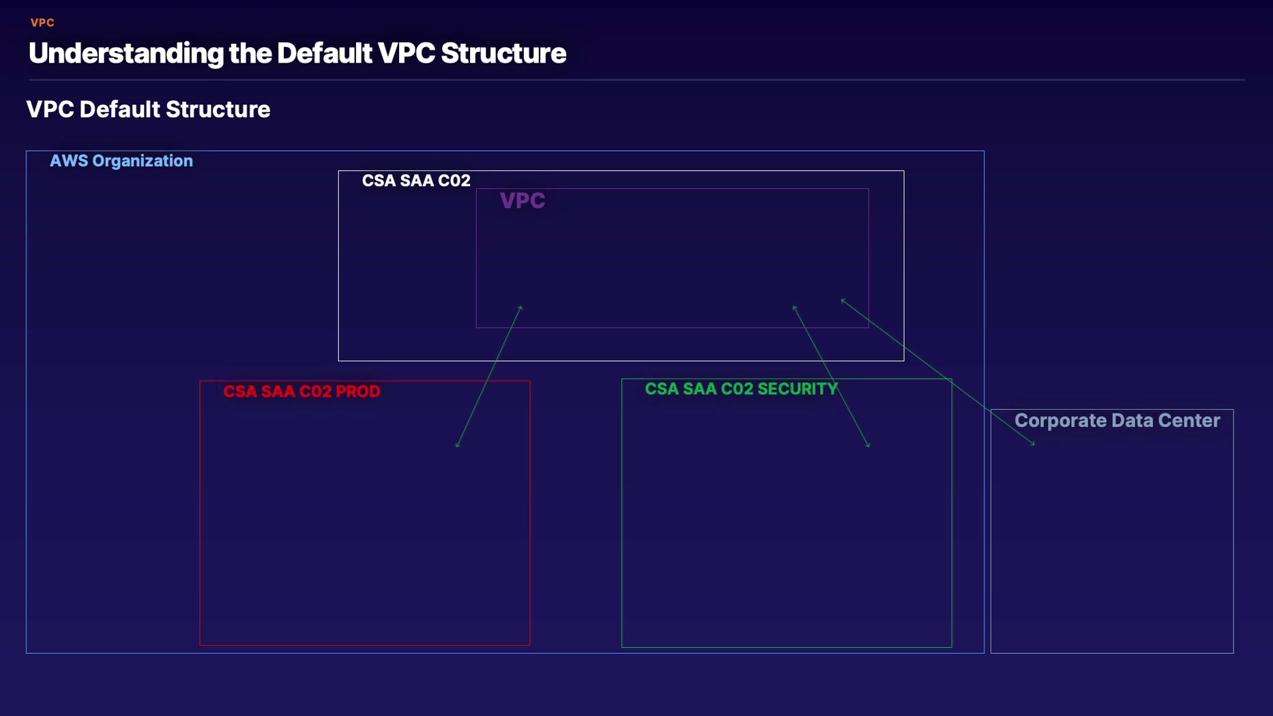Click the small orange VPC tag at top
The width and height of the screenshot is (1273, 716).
(x=42, y=23)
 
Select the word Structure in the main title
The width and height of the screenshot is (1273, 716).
(x=503, y=53)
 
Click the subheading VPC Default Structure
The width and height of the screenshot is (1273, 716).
(x=148, y=109)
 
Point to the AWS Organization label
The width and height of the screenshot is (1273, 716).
(x=121, y=161)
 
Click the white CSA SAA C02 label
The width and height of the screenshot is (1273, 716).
(x=416, y=181)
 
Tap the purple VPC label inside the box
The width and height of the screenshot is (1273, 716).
(x=523, y=200)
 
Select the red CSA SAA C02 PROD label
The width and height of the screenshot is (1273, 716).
(x=302, y=391)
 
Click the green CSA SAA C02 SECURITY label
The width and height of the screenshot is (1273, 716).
(x=742, y=389)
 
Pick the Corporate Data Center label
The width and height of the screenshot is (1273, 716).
(x=1117, y=420)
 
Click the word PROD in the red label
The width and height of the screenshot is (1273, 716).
(x=358, y=391)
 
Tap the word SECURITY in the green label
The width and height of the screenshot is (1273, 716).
(x=798, y=389)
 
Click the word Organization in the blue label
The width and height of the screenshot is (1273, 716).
(x=143, y=161)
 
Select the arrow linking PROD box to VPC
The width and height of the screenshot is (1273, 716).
(x=489, y=376)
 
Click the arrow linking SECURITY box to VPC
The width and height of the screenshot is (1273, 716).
(x=831, y=376)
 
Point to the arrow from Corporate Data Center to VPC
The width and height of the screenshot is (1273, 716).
(x=938, y=372)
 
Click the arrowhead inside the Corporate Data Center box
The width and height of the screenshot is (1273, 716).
(x=1033, y=444)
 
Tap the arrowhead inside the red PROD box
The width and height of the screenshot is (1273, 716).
(x=458, y=445)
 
